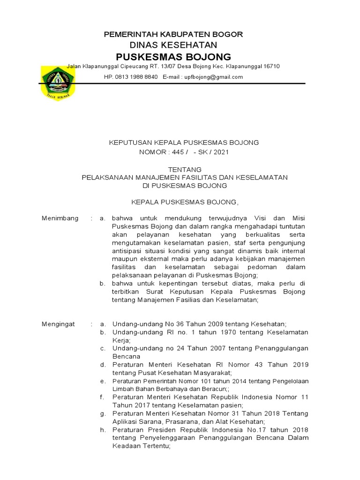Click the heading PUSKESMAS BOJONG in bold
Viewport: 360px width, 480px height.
pyautogui.click(x=173, y=57)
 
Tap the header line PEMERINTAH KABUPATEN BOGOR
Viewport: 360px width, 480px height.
pyautogui.click(x=173, y=35)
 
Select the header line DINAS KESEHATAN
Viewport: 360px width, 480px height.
pyautogui.click(x=173, y=45)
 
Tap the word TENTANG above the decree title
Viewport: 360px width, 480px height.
pyautogui.click(x=185, y=169)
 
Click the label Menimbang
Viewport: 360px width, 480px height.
pyautogui.click(x=60, y=218)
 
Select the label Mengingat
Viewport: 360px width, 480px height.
pyautogui.click(x=59, y=324)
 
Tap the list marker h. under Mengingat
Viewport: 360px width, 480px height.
pyautogui.click(x=103, y=430)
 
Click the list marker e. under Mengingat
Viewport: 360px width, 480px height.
pyautogui.click(x=103, y=381)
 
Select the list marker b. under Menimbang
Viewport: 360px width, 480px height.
pyautogui.click(x=103, y=283)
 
